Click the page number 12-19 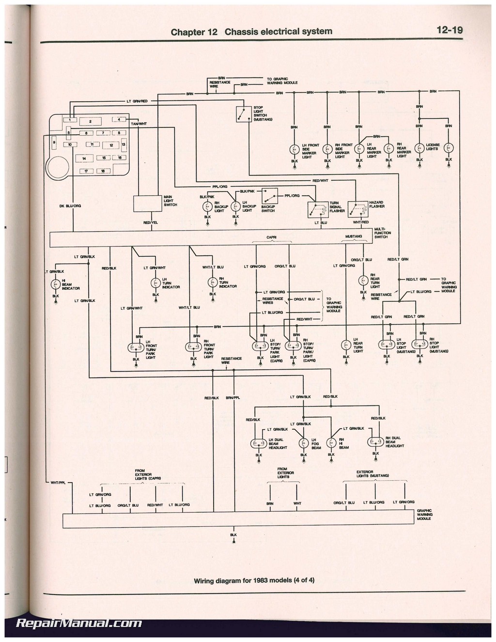[x=449, y=30]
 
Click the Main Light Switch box [x=148, y=204]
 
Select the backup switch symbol [x=269, y=196]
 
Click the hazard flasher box [x=358, y=209]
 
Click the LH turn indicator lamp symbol [x=155, y=283]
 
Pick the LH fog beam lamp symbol [x=304, y=443]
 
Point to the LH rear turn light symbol [x=346, y=345]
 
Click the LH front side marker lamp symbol [x=294, y=149]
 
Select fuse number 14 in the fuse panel [x=84, y=158]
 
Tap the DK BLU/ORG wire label [x=70, y=206]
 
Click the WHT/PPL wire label [x=58, y=483]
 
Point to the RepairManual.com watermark [x=79, y=624]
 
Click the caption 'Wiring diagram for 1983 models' [x=254, y=580]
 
